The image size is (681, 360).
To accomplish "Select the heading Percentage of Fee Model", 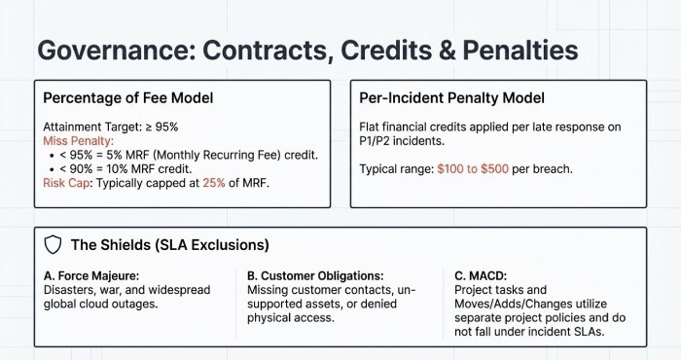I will tap(129, 98).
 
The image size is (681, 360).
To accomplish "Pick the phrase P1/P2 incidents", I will tap(406, 141).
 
